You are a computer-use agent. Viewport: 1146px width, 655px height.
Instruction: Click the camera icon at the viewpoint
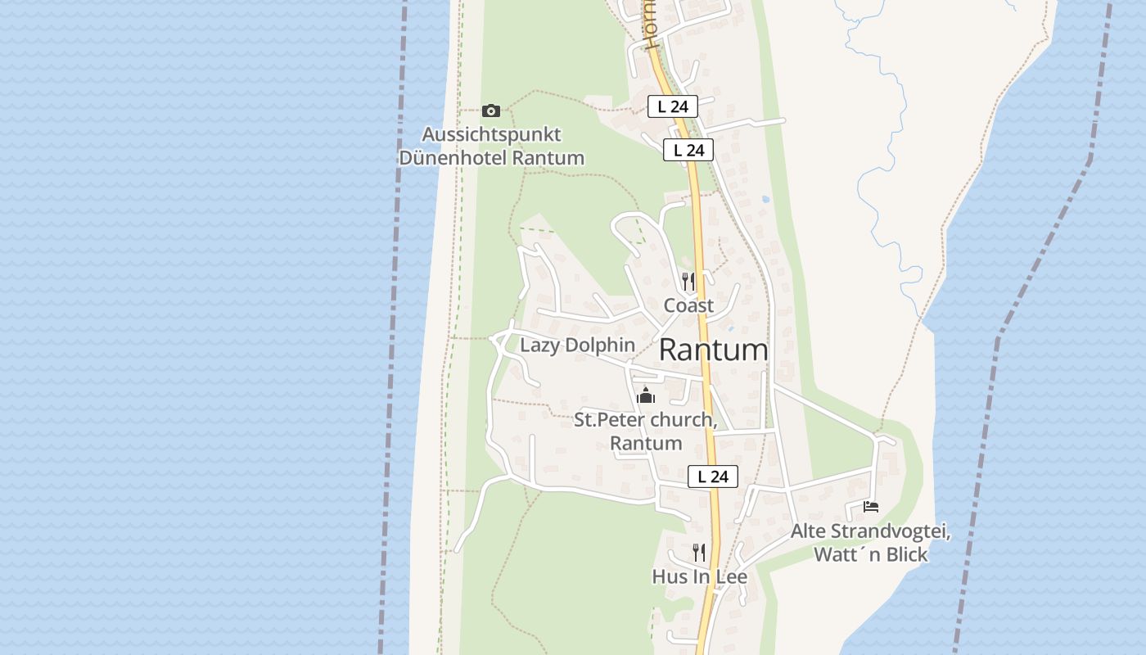(491, 111)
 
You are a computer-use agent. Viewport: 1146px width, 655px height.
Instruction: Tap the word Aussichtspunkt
(491, 134)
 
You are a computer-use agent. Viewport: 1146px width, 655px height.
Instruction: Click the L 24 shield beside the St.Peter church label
(712, 477)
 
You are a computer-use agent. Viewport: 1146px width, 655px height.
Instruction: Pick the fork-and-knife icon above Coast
(688, 282)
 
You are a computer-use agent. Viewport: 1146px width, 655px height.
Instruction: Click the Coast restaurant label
(688, 305)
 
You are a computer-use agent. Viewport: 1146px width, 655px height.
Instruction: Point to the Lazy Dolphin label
(577, 345)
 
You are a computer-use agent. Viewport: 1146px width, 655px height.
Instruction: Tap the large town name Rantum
(713, 350)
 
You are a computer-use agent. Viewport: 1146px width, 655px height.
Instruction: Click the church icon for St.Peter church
(646, 396)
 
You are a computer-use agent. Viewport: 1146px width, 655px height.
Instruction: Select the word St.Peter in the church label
(607, 421)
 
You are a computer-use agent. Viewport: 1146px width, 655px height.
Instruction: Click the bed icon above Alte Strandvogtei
(871, 507)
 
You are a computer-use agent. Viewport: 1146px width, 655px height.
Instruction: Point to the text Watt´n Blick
(870, 554)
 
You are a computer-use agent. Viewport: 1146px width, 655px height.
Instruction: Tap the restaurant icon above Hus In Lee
(698, 553)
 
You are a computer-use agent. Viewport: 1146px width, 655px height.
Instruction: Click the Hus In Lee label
(699, 576)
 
